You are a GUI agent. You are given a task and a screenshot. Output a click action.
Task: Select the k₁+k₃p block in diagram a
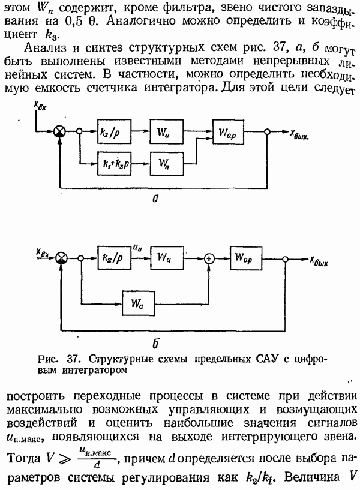(114, 161)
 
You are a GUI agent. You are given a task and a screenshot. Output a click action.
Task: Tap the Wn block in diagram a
(164, 161)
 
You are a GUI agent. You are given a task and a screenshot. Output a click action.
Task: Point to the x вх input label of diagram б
(43, 254)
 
